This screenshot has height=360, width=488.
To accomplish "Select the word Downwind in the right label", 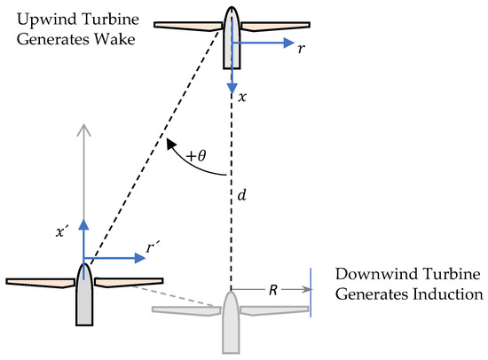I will [367, 272].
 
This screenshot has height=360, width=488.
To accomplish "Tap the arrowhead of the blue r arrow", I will [288, 41].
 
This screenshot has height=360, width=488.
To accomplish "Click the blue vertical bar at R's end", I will [311, 289].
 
